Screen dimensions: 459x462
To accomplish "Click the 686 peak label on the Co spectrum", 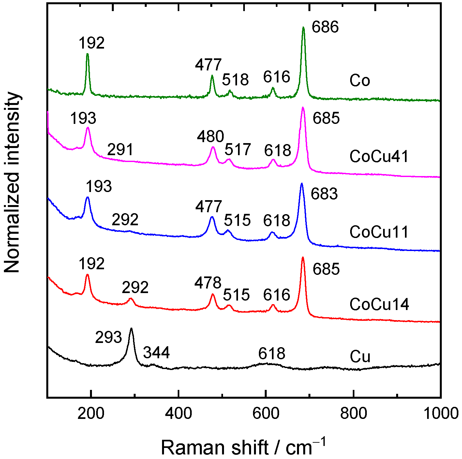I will [x=325, y=27].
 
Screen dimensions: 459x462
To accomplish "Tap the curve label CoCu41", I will [x=379, y=156].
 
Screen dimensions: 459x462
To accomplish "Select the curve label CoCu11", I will [x=379, y=232].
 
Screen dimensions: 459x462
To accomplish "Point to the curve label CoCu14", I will [x=379, y=304].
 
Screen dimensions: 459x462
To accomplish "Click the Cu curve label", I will [x=360, y=357].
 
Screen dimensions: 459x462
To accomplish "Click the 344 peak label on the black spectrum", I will [x=156, y=353].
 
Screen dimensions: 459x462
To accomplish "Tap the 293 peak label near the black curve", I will [x=108, y=337].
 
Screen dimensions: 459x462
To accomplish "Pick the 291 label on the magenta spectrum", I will [x=121, y=150].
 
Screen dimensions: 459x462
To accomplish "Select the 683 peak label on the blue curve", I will [x=324, y=194].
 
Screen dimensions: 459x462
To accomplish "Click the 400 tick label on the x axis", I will [x=178, y=413].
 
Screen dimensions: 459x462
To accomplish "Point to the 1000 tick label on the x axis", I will [x=441, y=413].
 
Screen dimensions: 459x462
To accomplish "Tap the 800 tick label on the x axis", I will [x=353, y=413].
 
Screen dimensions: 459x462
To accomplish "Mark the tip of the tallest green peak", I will [x=303, y=28].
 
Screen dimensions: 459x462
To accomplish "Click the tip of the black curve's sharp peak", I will [x=131, y=329].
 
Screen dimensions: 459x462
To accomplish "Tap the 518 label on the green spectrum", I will [x=235, y=80].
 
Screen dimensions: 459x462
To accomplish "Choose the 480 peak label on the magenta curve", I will [x=210, y=136].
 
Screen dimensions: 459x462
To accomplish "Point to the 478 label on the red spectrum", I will [x=208, y=283].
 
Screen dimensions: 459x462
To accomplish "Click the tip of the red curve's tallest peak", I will [x=303, y=258].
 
